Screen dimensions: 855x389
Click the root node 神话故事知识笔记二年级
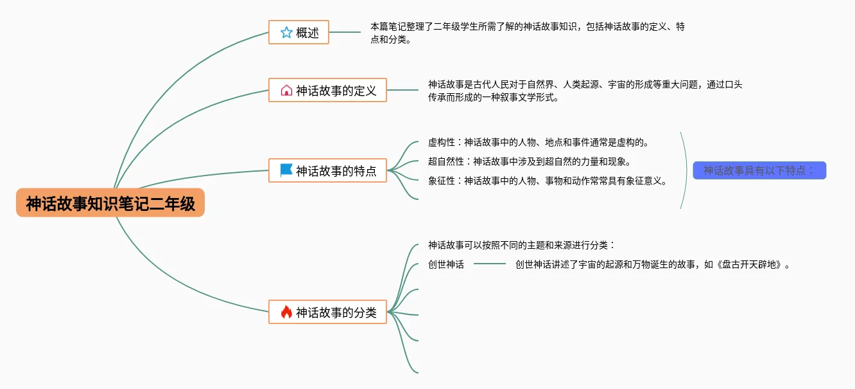[x=110, y=203]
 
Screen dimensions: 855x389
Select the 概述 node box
[x=298, y=32]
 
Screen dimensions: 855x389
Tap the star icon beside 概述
[x=286, y=32]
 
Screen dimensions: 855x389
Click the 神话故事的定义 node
[x=327, y=90]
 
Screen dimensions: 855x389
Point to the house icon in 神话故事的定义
[x=286, y=90]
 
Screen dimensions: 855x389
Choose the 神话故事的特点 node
[x=327, y=170]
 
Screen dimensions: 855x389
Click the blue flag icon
[x=286, y=170]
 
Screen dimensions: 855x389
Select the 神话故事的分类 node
[x=327, y=312]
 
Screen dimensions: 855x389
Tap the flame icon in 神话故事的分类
[x=286, y=312]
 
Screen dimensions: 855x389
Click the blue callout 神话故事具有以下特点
[x=759, y=170]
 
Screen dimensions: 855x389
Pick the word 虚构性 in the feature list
[x=442, y=142]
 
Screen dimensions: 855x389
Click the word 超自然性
[x=446, y=161]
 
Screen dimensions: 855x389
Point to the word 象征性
[x=442, y=181]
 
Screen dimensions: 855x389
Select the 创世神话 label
[x=446, y=264]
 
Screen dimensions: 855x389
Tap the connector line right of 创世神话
[x=490, y=264]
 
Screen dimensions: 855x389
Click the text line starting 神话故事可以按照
[x=521, y=245]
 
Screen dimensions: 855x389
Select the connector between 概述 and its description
[x=345, y=32]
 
